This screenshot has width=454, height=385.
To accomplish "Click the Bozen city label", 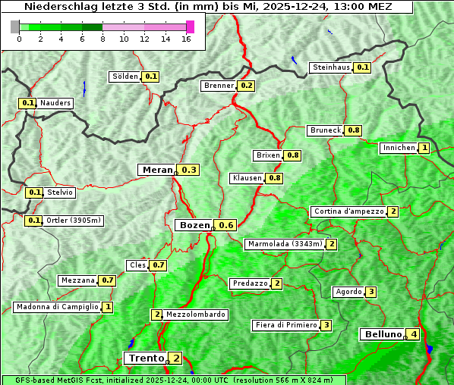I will (x=194, y=225).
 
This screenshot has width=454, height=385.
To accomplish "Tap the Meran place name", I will (x=158, y=170).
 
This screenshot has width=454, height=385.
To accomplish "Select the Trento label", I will (x=146, y=358).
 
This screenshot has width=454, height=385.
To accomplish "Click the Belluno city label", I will (x=381, y=334).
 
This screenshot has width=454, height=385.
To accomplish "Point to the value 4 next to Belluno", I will (x=414, y=334).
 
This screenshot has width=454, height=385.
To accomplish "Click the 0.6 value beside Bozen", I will (x=226, y=225).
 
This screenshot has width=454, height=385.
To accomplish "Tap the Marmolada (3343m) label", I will (x=285, y=244).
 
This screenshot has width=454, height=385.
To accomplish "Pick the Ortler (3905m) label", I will (x=74, y=221).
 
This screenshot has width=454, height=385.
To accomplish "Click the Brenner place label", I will (x=219, y=86).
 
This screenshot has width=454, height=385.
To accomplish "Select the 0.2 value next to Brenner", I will (x=247, y=86).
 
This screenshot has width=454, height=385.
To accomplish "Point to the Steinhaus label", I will (x=332, y=67).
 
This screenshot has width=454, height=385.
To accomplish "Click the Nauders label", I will (x=55, y=103).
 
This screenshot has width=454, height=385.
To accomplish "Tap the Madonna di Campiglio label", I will (x=57, y=307).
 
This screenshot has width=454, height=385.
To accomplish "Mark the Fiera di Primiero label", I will (x=285, y=325).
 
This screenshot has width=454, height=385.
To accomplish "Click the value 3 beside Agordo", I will (x=370, y=292).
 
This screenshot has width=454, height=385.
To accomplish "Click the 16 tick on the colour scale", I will (x=186, y=39).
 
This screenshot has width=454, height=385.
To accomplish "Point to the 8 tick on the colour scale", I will (x=102, y=39).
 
